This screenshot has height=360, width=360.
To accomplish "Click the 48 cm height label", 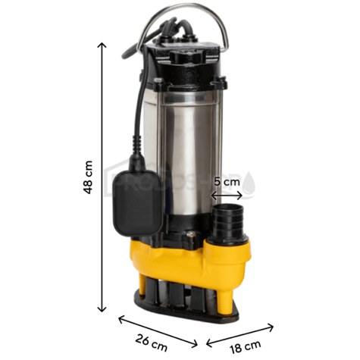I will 89,178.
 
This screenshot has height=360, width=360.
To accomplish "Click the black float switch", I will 136,197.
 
